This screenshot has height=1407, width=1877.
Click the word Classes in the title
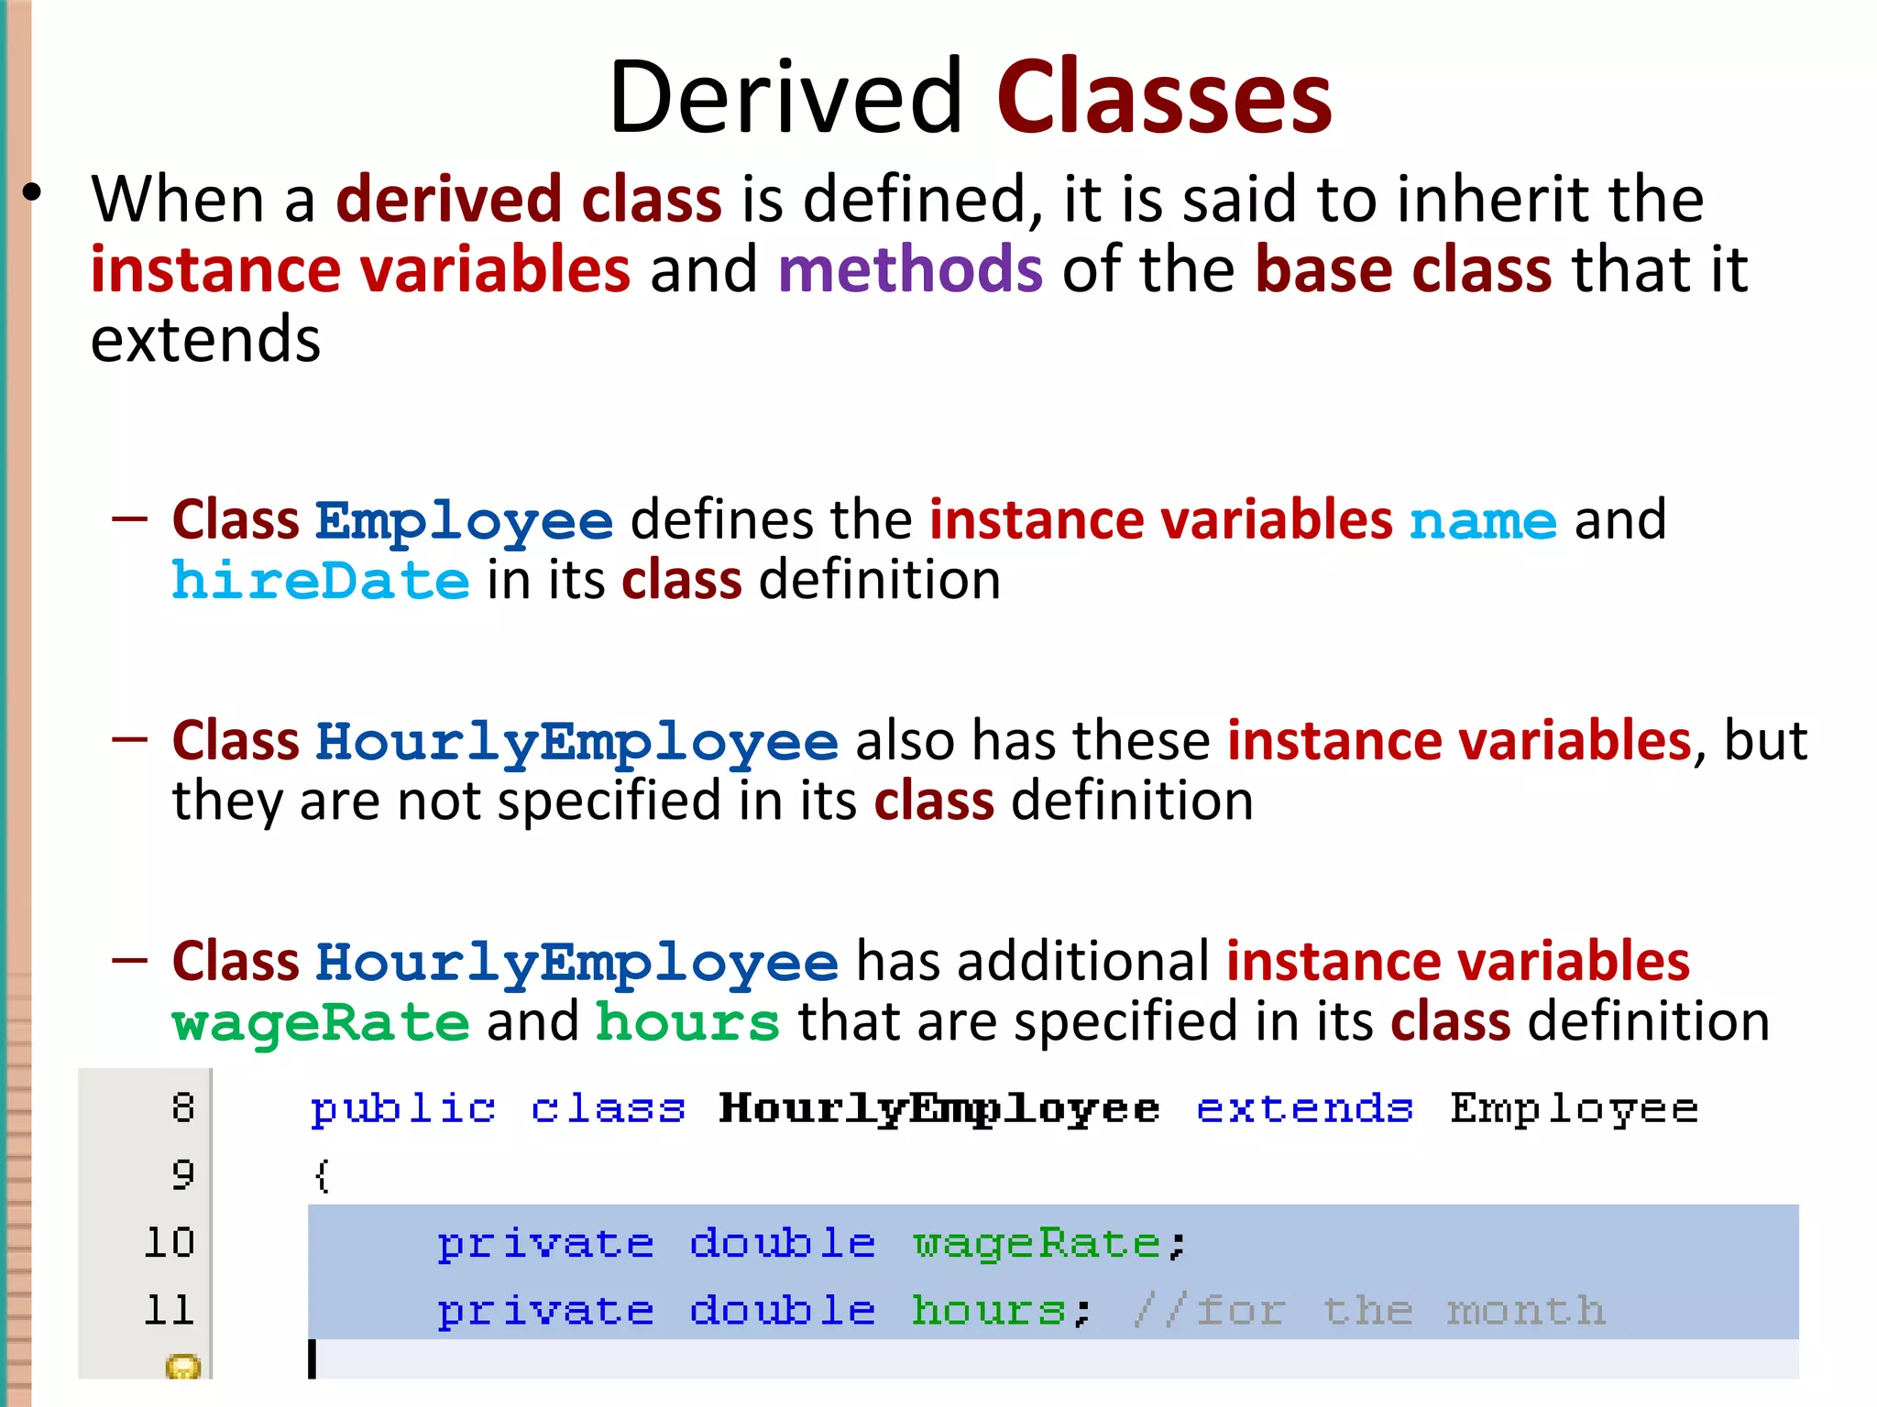point(1164,97)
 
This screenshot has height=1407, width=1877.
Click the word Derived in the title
point(786,97)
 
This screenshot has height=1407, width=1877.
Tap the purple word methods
point(910,269)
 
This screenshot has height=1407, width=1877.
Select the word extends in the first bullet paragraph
point(205,340)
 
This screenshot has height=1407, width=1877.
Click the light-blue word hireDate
point(321,582)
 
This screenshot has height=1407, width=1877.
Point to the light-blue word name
point(1482,521)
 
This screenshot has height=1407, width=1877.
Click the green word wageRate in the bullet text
point(321,1023)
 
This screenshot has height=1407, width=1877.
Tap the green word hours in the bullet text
point(687,1023)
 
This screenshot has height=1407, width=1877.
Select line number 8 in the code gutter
point(183,1108)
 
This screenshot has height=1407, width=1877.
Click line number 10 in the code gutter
point(170,1243)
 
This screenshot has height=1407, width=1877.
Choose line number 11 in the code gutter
point(170,1311)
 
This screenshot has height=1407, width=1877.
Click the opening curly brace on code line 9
point(322,1175)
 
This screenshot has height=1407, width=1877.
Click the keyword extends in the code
point(1304,1109)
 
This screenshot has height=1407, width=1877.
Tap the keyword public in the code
point(403,1109)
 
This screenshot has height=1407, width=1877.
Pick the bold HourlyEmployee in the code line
point(939,1109)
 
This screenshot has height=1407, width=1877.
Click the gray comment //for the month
point(1369,1311)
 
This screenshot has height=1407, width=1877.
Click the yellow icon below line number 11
point(182,1368)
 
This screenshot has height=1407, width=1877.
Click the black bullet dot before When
point(33,193)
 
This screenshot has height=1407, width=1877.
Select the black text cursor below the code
point(313,1358)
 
